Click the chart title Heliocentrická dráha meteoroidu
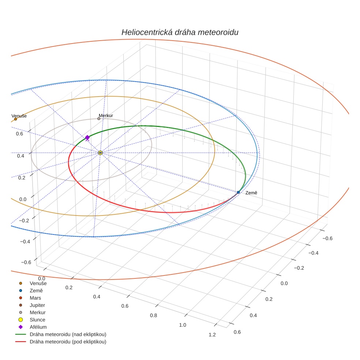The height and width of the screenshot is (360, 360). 180,32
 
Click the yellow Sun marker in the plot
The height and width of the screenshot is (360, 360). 100,153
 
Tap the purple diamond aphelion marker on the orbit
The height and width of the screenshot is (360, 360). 87,138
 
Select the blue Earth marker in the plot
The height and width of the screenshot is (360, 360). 238,192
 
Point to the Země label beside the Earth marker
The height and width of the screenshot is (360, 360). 251,192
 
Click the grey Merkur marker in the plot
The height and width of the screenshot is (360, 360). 99,119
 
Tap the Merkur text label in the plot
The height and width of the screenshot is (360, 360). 106,116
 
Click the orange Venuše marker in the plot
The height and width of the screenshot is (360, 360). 15,119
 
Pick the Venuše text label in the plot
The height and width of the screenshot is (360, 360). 19,116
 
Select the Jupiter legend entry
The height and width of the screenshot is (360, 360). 37,305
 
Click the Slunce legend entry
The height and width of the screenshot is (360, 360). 37,320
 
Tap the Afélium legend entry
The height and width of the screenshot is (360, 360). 38,327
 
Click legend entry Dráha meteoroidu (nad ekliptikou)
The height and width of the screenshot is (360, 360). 68,334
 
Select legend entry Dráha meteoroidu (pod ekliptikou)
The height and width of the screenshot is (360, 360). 68,342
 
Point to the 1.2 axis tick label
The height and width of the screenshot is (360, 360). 211,335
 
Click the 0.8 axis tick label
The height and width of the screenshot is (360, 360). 153,315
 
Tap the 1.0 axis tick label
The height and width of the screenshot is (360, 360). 182,325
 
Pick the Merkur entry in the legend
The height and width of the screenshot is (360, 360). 37,312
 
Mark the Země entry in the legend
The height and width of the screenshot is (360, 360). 36,290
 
